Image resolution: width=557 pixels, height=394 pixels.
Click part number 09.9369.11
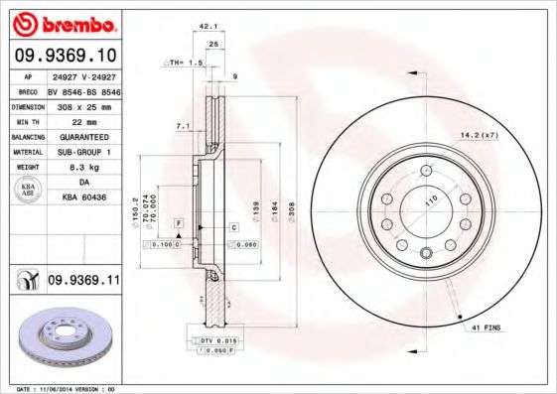[83, 282]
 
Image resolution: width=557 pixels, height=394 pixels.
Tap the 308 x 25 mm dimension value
[83, 104]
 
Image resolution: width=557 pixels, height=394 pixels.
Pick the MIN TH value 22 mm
[83, 120]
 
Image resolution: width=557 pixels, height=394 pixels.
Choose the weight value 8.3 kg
[83, 168]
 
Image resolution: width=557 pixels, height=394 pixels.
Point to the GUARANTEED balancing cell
[83, 136]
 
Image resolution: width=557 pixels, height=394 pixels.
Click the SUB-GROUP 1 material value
[83, 152]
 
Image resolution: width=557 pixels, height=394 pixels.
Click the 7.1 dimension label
[182, 127]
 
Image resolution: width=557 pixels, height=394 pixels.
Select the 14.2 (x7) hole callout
[477, 134]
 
